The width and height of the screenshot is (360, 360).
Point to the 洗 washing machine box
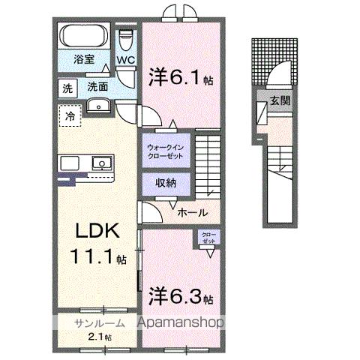click(67, 88)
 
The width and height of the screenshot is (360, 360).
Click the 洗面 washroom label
click(97, 88)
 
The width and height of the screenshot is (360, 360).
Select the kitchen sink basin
click(100, 162)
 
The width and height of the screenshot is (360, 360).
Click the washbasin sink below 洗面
click(98, 106)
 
